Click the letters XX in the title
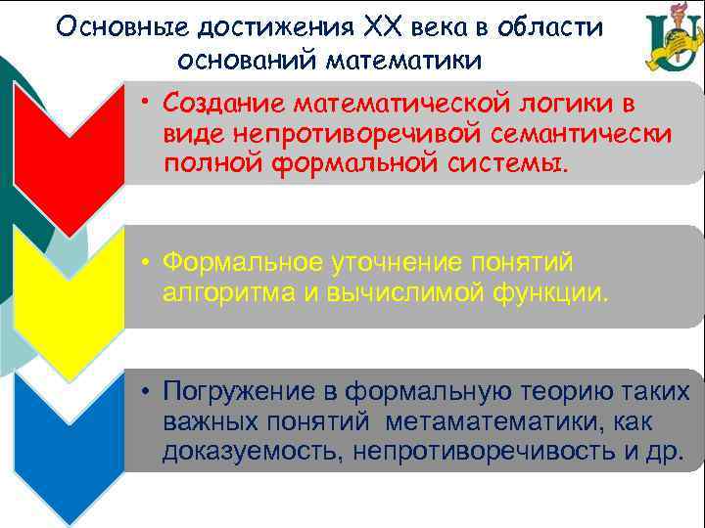(365, 27)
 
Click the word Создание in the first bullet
(224, 103)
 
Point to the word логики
(574, 103)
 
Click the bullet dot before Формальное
(143, 262)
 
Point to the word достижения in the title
(257, 27)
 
